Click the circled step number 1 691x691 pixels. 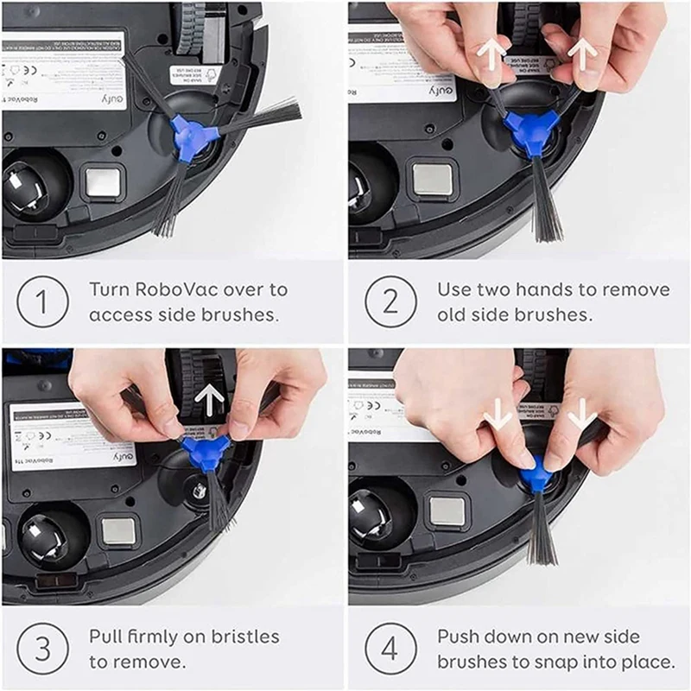[x=42, y=301]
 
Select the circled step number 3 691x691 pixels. [x=42, y=649]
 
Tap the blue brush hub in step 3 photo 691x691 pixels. [x=205, y=452]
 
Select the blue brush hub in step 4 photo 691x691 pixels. [x=536, y=474]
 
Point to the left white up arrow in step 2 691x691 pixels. [x=491, y=54]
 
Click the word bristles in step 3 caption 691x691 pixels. [x=236, y=637]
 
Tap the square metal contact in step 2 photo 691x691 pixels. [x=432, y=180]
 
